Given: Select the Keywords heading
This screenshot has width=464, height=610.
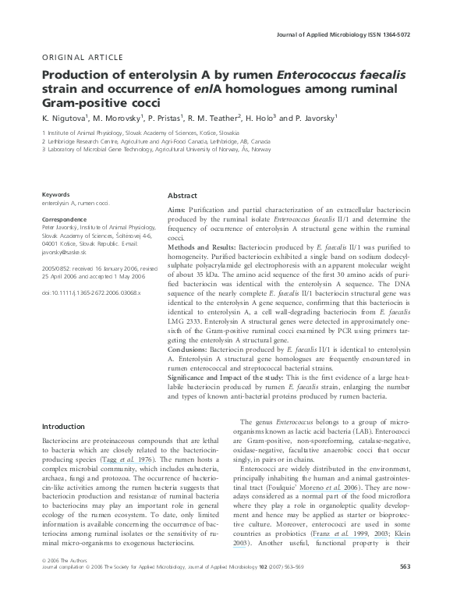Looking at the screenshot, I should (x=56, y=194).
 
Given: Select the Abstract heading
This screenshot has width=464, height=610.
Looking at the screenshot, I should (x=182, y=196).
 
